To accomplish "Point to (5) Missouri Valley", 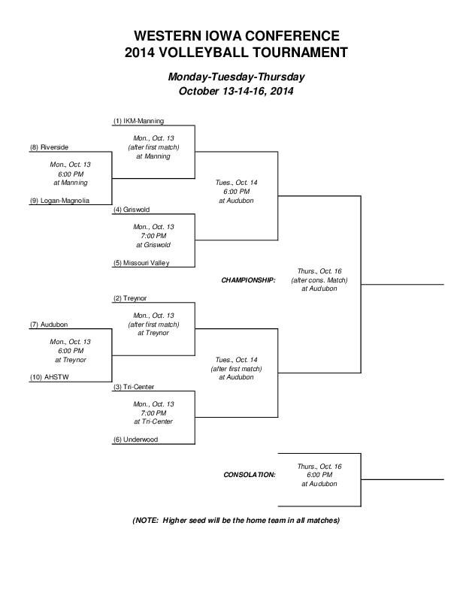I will [x=142, y=263].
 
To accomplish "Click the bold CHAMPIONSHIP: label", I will [x=248, y=279].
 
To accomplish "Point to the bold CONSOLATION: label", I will [x=250, y=475].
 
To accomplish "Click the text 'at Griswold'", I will [x=153, y=245].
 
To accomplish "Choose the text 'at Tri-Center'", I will [x=153, y=421].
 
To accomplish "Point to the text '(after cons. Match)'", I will [x=319, y=279].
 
